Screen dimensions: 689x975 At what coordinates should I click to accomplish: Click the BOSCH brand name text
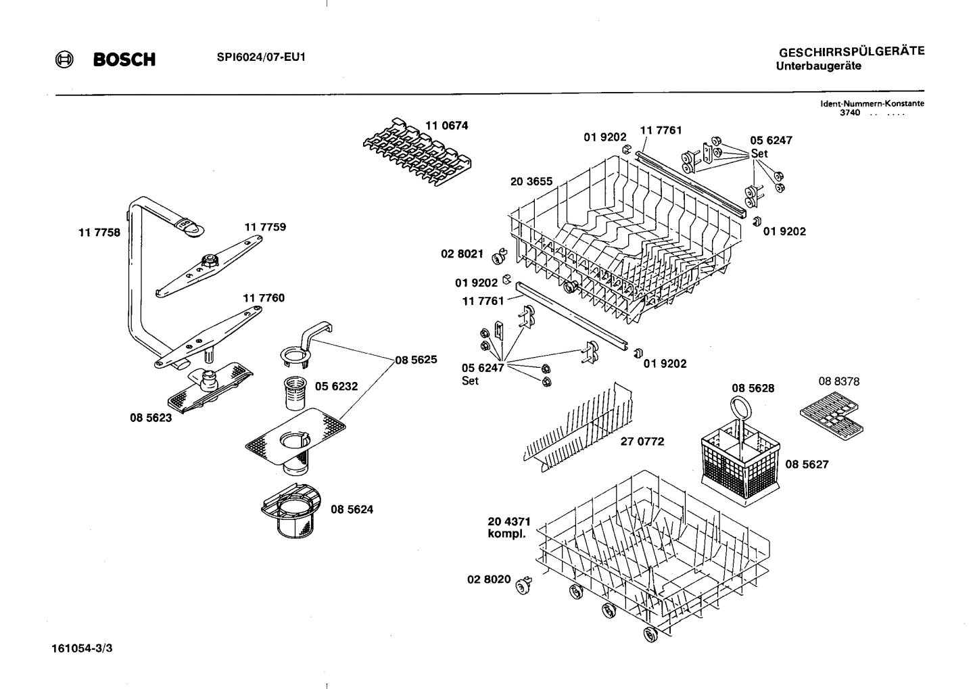(x=124, y=60)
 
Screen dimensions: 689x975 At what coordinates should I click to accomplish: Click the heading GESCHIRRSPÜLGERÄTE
(x=851, y=51)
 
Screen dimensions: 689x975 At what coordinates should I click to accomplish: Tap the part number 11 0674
(x=446, y=126)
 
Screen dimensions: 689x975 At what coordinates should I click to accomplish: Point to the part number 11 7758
(x=99, y=233)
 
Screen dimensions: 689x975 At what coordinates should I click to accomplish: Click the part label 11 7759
(x=265, y=227)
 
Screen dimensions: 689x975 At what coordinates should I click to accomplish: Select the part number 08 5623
(x=151, y=418)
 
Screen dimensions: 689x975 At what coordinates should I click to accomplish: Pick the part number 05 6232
(x=336, y=387)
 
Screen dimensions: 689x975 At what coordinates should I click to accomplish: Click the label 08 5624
(x=352, y=509)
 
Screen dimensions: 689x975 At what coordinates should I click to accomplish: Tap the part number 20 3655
(x=531, y=181)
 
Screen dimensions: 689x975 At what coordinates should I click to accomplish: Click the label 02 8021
(x=462, y=254)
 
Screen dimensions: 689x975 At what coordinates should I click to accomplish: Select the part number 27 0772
(x=642, y=442)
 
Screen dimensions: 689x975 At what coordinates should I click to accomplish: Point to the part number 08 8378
(x=838, y=381)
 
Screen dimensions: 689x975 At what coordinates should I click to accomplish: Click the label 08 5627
(x=807, y=465)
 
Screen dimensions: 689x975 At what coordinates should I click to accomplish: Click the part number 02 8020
(x=489, y=579)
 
